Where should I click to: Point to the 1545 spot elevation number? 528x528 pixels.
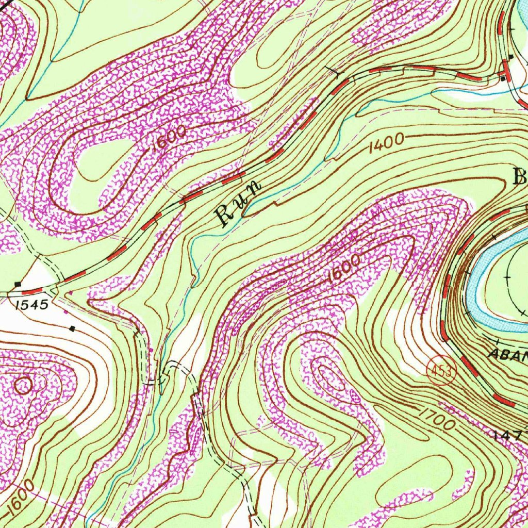point(31,305)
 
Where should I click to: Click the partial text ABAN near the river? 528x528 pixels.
point(508,355)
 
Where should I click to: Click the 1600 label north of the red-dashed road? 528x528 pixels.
point(169,140)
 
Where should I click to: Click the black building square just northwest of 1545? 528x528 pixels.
point(19,284)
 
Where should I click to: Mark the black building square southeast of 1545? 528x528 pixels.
point(72,328)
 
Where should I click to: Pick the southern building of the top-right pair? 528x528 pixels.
point(502,79)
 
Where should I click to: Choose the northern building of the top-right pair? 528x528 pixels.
point(510,57)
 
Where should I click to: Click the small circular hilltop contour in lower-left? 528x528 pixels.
point(23,385)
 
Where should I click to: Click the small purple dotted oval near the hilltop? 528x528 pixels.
point(355,395)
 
